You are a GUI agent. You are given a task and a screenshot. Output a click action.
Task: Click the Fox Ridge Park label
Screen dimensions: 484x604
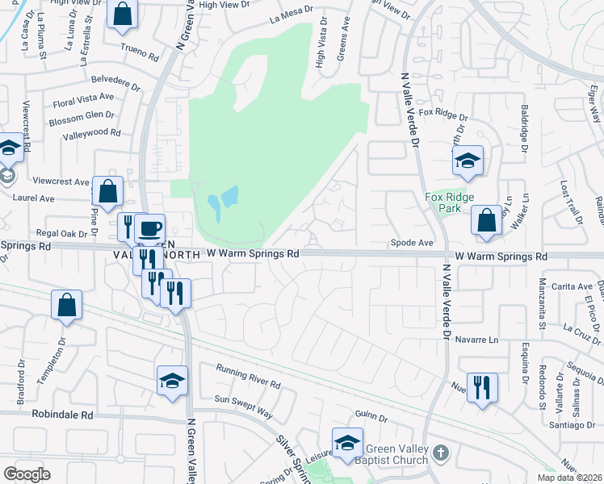pos(448,202)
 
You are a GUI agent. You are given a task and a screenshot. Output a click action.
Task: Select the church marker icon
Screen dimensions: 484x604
pos(440,453)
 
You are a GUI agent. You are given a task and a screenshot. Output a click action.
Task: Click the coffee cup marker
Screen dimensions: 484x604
pos(149,227)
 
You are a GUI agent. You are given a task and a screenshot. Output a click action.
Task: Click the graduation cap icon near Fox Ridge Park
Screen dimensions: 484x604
pos(468,160)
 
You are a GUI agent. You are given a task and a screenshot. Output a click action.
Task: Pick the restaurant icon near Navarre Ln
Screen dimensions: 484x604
pos(481,386)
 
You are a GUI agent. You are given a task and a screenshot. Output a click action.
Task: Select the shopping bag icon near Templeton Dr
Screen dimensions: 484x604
pos(67,305)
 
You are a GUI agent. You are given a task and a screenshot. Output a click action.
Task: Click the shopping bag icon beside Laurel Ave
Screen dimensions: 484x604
pos(107,191)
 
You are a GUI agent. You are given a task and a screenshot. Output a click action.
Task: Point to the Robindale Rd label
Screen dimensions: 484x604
pos(62,415)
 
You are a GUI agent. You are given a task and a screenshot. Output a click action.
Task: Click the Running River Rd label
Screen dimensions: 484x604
pos(248,376)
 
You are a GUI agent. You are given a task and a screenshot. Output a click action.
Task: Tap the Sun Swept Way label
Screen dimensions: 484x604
pos(244,407)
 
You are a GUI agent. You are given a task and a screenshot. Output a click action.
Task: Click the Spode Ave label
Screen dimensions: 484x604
pos(413,242)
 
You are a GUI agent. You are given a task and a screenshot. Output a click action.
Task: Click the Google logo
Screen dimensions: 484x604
pos(27,474)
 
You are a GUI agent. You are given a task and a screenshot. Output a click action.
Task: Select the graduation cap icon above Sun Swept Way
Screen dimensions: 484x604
pos(172,381)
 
